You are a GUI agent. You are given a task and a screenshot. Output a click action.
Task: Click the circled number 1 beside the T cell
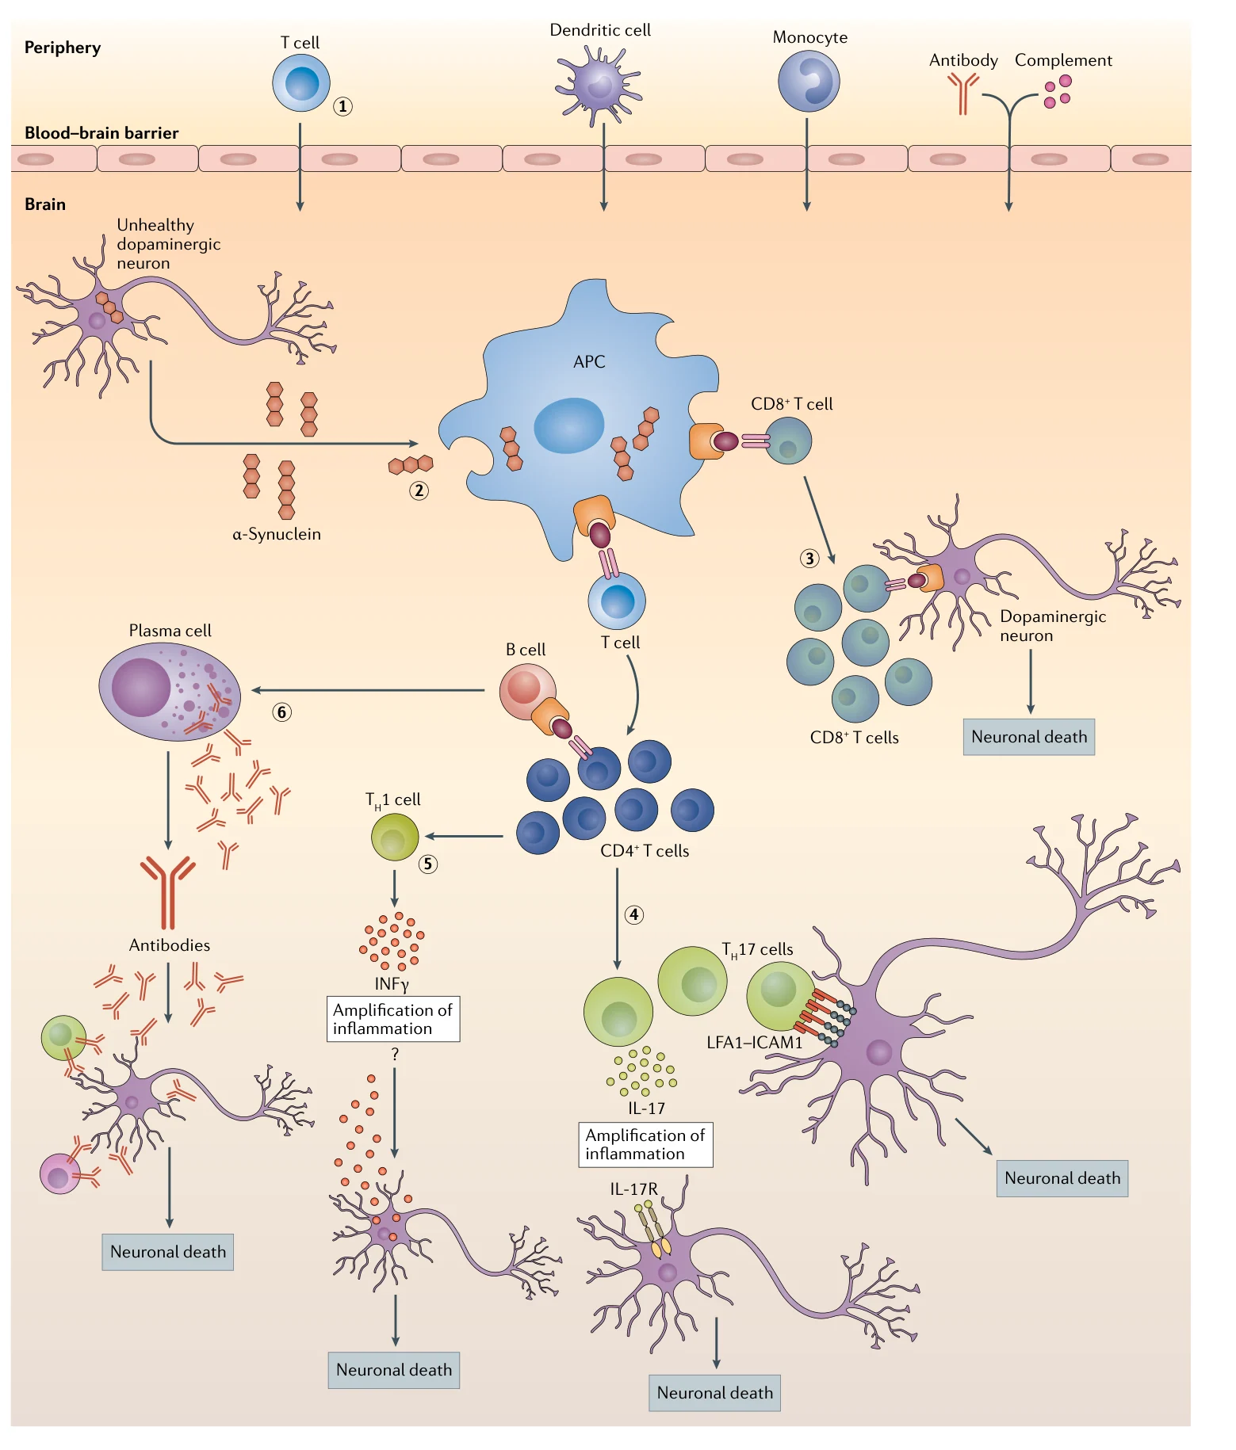click(x=342, y=106)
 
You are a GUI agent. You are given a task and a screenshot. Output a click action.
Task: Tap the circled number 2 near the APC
click(x=419, y=490)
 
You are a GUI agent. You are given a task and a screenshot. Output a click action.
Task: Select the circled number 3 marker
click(x=809, y=559)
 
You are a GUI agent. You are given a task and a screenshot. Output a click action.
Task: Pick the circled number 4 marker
click(x=633, y=915)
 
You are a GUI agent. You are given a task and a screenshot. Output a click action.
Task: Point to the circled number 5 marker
click(x=428, y=864)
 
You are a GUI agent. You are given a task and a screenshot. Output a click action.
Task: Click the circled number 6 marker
click(x=281, y=712)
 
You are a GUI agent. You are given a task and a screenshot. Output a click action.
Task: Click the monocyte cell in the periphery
click(x=809, y=82)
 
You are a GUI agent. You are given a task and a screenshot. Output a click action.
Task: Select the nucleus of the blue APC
click(x=568, y=425)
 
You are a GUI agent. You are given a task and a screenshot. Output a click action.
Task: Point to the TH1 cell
click(x=395, y=837)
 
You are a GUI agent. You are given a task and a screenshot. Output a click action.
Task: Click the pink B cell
click(x=527, y=691)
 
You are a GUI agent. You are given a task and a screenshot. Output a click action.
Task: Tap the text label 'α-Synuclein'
click(x=277, y=534)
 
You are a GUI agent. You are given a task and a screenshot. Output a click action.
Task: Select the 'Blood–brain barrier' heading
click(x=101, y=133)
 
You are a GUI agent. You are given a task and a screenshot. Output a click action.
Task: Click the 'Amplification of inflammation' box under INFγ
click(x=393, y=1019)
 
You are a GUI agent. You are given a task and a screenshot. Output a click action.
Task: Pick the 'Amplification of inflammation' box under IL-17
click(x=645, y=1145)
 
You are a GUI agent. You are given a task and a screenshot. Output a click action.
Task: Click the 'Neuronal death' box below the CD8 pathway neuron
click(x=1029, y=737)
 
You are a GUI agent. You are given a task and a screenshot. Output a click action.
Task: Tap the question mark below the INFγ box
click(x=395, y=1055)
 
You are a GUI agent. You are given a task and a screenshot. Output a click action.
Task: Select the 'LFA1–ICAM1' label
click(x=755, y=1043)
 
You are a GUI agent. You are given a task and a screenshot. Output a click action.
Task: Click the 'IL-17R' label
click(x=633, y=1189)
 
